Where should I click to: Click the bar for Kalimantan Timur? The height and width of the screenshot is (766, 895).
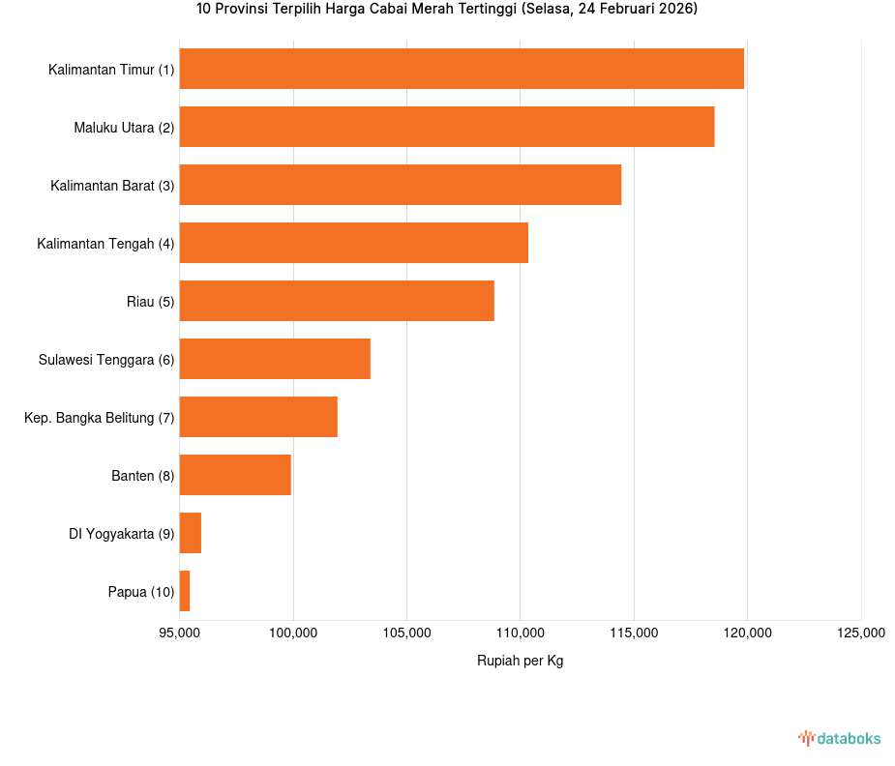[462, 69]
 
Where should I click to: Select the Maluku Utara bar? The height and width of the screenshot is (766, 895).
[447, 127]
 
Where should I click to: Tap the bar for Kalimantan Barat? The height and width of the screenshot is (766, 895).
[401, 185]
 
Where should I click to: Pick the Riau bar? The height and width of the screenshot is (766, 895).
[337, 301]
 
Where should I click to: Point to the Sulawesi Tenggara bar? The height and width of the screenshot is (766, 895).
[275, 359]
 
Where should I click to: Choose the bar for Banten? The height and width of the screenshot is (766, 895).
[235, 475]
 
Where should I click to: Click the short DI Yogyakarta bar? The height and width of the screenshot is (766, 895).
[191, 533]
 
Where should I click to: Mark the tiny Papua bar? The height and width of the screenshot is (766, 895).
[185, 591]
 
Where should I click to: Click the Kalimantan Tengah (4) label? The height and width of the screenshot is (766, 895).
[105, 244]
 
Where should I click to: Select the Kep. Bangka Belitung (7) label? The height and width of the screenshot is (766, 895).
[99, 418]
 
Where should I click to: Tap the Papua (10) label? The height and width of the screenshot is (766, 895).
[141, 592]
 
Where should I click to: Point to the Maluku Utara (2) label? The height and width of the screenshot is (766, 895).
[124, 128]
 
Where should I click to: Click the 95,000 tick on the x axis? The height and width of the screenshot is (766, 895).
[179, 633]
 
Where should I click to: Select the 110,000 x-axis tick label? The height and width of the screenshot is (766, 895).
[521, 633]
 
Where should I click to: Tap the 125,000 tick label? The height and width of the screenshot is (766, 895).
[861, 633]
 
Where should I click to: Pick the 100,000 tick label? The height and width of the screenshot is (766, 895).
[293, 633]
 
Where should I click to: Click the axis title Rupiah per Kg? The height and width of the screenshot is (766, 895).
[520, 661]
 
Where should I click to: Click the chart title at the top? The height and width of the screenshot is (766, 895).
[447, 10]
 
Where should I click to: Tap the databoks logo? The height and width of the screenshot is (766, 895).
[839, 739]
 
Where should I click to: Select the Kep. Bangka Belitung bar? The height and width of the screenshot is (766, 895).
[258, 417]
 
